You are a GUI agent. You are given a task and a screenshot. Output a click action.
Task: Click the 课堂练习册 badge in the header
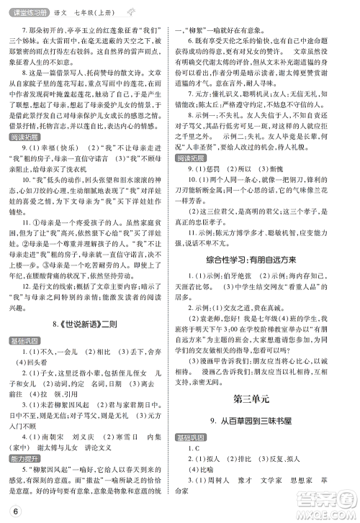[x=24, y=9]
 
